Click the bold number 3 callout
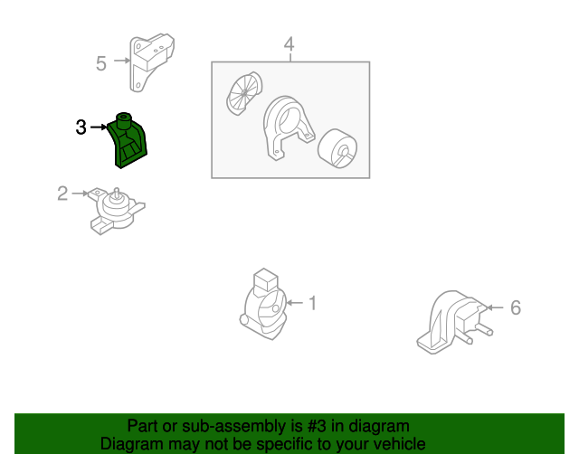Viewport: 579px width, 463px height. [81, 128]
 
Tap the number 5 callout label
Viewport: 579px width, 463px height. [100, 63]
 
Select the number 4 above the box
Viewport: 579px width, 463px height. [289, 44]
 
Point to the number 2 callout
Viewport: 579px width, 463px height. [62, 194]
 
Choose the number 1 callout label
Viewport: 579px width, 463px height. [313, 303]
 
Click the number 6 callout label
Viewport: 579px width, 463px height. [516, 307]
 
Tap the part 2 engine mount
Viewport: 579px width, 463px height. [117, 212]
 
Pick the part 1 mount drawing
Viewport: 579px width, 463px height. [263, 305]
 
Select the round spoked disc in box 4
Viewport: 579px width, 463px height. [244, 93]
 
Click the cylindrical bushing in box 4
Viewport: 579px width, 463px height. [337, 148]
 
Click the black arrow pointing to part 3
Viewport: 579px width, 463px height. [99, 127]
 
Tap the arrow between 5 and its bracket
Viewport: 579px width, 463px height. [122, 61]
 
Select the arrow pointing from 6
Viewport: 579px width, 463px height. [495, 307]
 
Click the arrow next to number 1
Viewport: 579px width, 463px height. [295, 303]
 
